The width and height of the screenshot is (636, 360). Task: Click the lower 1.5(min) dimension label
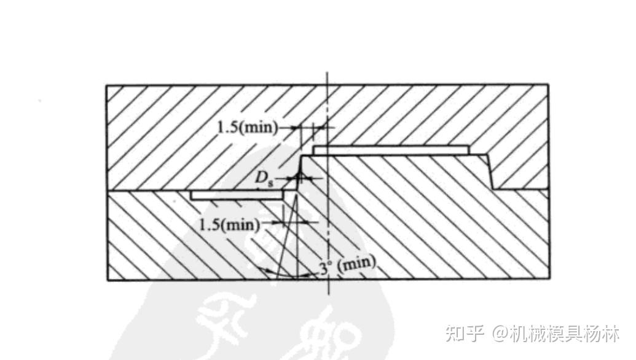pyautogui.click(x=229, y=224)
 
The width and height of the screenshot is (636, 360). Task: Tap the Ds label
pyautogui.click(x=264, y=179)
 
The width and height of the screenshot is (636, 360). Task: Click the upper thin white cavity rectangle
pyautogui.click(x=391, y=151)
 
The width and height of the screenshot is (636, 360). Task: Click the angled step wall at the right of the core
pyautogui.click(x=490, y=171)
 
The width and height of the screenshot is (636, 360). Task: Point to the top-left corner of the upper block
pyautogui.click(x=107, y=85)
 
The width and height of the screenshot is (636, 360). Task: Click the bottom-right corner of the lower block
pyautogui.click(x=548, y=280)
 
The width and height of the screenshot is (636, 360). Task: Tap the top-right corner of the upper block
pyautogui.click(x=548, y=85)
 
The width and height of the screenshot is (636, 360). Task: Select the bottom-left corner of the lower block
pyautogui.click(x=107, y=280)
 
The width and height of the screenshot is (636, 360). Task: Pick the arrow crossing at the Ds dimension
pyautogui.click(x=299, y=178)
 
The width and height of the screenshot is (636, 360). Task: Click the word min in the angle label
pyautogui.click(x=357, y=264)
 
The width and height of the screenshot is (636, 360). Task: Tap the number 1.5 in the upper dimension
pyautogui.click(x=226, y=128)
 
